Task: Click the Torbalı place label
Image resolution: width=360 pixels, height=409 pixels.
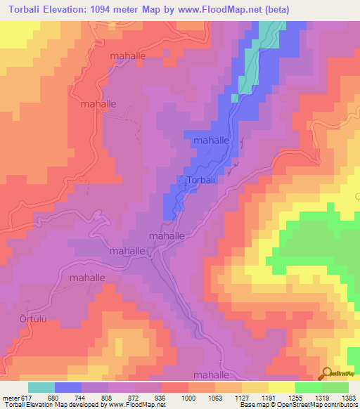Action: click(202, 181)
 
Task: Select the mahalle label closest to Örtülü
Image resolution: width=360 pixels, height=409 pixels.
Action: click(87, 278)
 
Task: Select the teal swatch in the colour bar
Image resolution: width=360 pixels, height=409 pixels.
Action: click(41, 387)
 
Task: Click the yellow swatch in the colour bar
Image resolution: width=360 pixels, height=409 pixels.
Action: click(282, 387)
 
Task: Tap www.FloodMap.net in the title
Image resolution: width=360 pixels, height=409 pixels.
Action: click(219, 10)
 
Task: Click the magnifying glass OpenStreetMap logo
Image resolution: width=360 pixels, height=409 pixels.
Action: click(328, 374)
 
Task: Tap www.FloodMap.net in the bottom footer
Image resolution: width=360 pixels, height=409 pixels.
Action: click(125, 405)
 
